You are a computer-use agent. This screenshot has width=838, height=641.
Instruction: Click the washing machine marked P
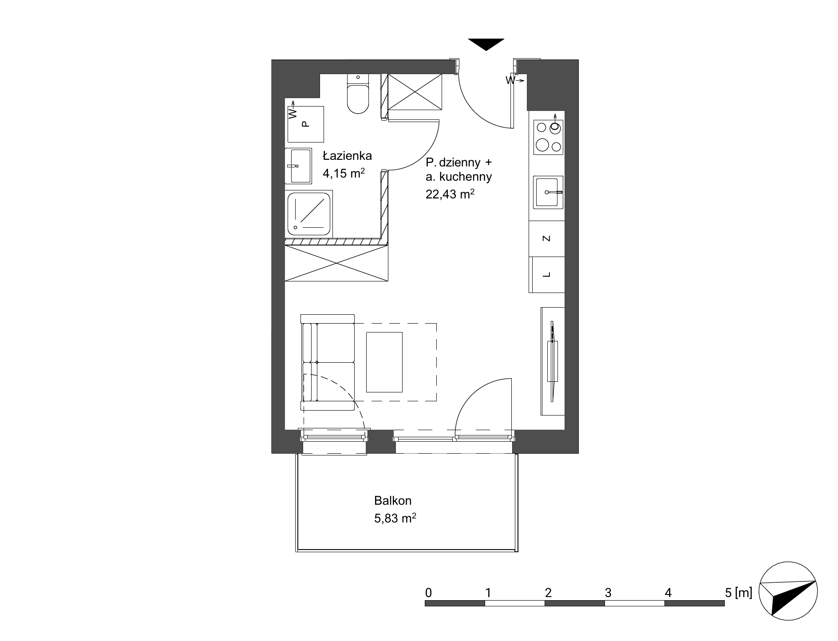click(x=306, y=124)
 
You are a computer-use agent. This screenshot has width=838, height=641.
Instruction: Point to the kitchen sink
click(x=549, y=192)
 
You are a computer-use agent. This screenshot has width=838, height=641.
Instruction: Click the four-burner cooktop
click(x=549, y=137)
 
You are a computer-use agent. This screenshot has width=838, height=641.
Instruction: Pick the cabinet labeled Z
click(x=547, y=239)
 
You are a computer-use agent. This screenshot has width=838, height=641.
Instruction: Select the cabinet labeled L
click(x=547, y=275)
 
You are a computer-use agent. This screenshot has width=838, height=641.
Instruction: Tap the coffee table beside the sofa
click(x=384, y=362)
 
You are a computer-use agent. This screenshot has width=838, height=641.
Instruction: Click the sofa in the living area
click(x=328, y=362)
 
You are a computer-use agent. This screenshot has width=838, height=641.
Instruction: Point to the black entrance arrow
click(x=486, y=44)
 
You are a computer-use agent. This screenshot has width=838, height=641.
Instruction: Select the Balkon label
click(x=393, y=501)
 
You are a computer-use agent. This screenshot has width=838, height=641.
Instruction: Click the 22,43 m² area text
click(x=448, y=194)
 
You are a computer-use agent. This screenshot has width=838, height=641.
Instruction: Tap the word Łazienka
click(x=347, y=156)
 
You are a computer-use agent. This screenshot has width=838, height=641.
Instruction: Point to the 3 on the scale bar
click(x=608, y=593)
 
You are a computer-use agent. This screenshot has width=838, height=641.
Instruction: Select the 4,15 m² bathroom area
click(x=344, y=173)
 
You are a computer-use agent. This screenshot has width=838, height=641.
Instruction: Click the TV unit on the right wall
click(x=553, y=361)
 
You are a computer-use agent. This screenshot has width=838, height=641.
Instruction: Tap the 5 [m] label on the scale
click(x=739, y=593)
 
